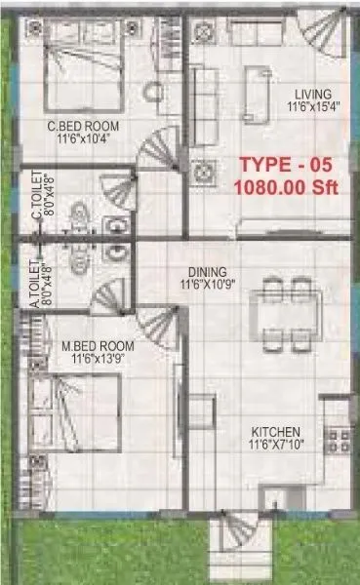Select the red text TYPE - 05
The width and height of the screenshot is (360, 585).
click(x=290, y=167)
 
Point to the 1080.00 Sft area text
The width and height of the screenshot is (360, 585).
click(x=286, y=188)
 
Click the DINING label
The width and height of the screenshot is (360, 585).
click(x=208, y=272)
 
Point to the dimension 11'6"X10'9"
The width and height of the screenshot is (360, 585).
click(x=208, y=286)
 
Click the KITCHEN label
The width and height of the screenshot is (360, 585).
click(x=275, y=432)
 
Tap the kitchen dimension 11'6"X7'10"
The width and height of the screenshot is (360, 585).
click(x=275, y=446)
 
